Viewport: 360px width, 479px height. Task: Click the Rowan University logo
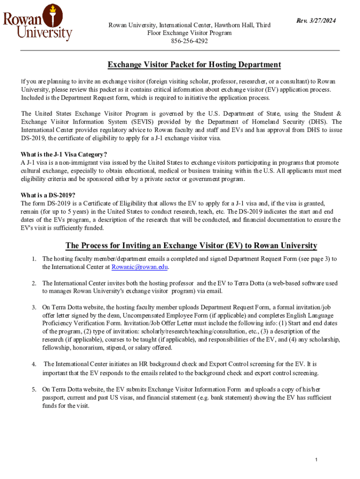pos(37,22)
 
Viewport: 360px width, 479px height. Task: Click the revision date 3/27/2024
pos(317,21)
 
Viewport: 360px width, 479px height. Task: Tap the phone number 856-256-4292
pos(189,41)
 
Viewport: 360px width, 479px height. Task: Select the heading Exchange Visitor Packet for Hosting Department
pos(194,65)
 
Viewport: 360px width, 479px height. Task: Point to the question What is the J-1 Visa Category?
pos(64,154)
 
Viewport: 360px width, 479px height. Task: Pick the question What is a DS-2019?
pos(48,195)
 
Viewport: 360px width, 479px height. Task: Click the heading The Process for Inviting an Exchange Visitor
pos(191,246)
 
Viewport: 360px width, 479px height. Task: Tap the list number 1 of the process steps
pos(34,259)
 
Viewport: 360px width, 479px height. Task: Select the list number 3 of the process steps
pos(34,307)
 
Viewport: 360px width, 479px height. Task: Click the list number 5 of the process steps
pos(34,389)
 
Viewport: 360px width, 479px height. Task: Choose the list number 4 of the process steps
pos(34,364)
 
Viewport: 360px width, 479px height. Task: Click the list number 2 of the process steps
pos(34,283)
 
